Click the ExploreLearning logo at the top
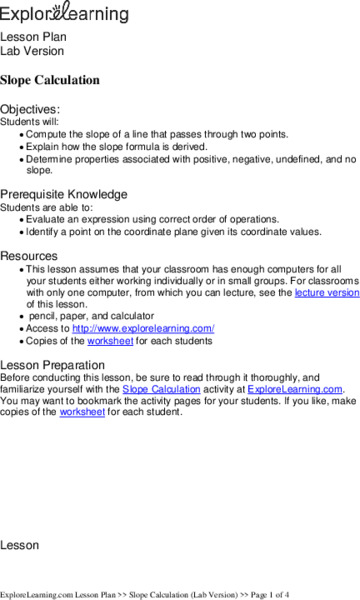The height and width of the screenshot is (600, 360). click(x=65, y=13)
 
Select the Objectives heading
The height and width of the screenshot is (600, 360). click(x=30, y=108)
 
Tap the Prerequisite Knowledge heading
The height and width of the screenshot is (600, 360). click(x=63, y=194)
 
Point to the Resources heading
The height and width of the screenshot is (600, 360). click(x=29, y=255)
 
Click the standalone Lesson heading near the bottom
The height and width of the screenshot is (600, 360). click(x=19, y=546)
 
